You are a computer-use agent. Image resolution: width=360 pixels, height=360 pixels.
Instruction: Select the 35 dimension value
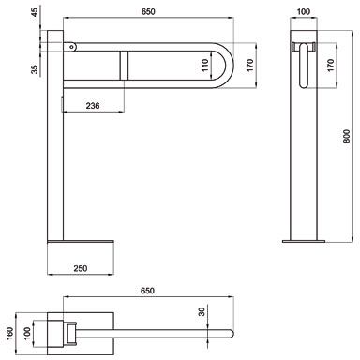[x=35, y=68]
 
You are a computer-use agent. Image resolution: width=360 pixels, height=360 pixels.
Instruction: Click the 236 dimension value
[x=91, y=106]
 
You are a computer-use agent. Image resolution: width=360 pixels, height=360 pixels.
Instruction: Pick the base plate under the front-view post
[x=80, y=243]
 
